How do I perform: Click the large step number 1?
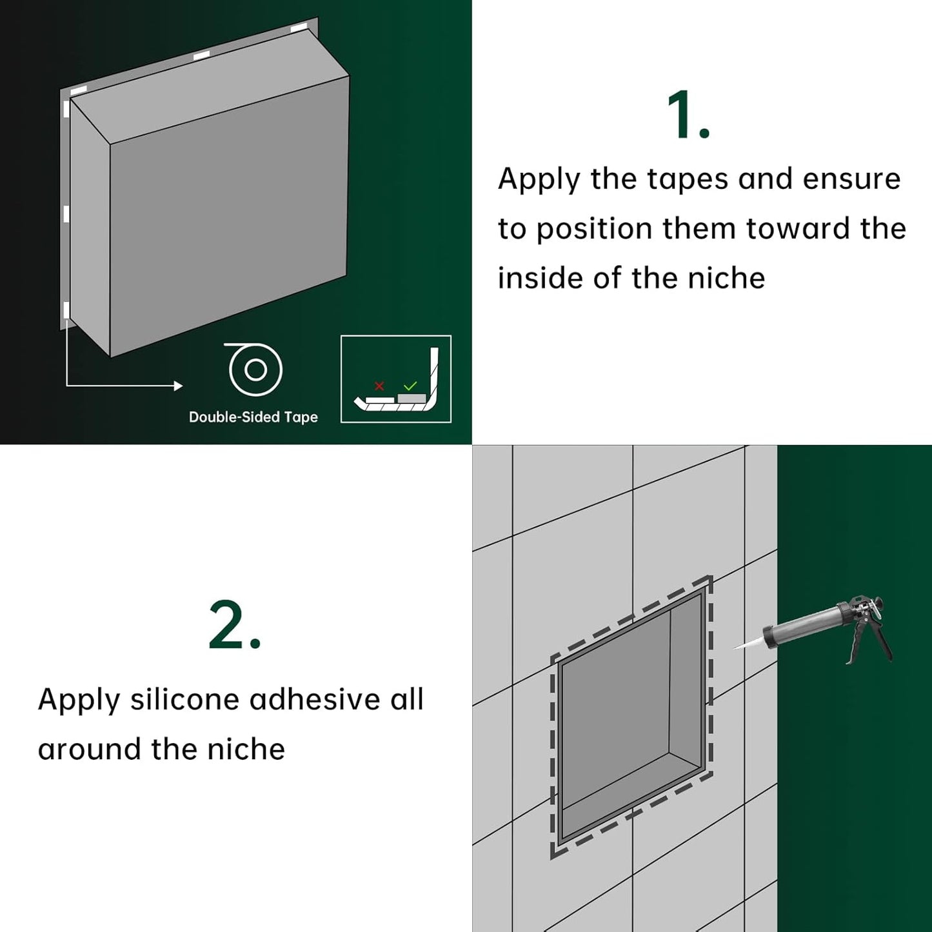pyautogui.click(x=688, y=115)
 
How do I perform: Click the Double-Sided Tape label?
pyautogui.click(x=253, y=417)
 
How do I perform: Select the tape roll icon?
pyautogui.click(x=255, y=369)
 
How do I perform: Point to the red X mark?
pyautogui.click(x=379, y=386)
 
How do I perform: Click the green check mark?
pyautogui.click(x=410, y=386)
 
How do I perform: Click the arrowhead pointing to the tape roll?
pyautogui.click(x=179, y=386)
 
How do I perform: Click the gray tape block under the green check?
pyautogui.click(x=411, y=398)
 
